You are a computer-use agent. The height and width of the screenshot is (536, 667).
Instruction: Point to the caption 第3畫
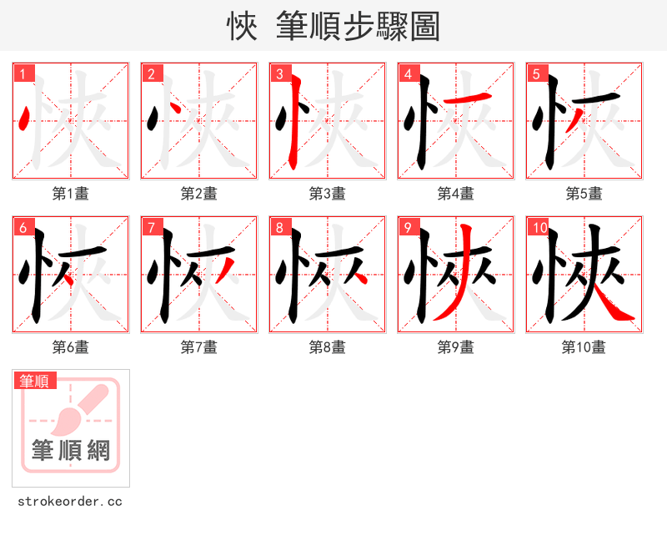click(x=327, y=194)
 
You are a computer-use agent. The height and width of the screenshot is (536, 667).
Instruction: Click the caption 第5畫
click(x=584, y=194)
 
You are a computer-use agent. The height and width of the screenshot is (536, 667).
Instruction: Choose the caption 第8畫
click(x=327, y=347)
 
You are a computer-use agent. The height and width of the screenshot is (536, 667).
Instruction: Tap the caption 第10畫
click(x=584, y=347)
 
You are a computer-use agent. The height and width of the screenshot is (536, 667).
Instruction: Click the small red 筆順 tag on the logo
click(x=35, y=381)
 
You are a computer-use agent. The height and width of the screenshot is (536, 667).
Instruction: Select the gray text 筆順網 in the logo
click(x=71, y=451)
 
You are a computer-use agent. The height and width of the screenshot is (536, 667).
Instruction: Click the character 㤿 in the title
click(x=242, y=27)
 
